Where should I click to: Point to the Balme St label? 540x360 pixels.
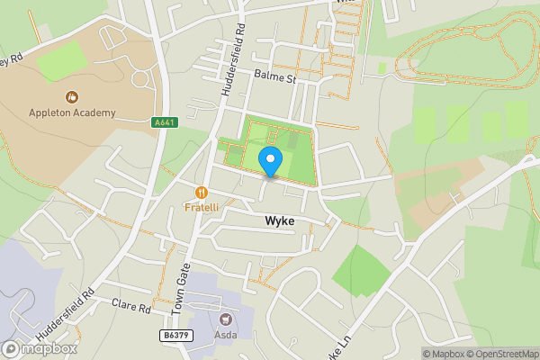point(274,78)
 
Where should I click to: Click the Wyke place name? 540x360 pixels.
point(280,220)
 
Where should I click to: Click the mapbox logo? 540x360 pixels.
point(40,348)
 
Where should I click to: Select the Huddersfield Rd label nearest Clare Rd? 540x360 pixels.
point(75,310)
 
